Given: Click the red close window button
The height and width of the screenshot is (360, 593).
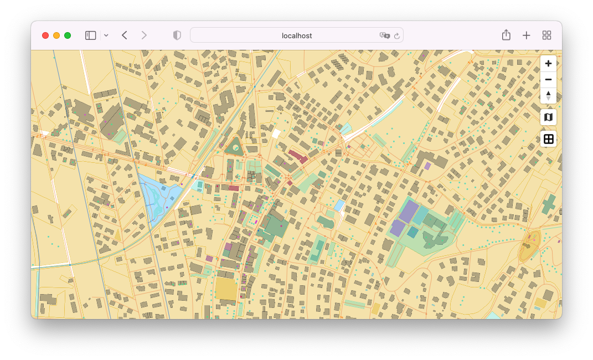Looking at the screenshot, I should click(45, 35).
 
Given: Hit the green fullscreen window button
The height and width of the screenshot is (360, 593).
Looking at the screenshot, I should click(68, 35).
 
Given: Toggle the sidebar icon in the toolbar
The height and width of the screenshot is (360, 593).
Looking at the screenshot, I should click(90, 35).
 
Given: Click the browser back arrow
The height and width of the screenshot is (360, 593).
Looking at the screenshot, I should click(125, 35).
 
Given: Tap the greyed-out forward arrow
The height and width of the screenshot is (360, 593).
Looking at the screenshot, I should click(144, 35).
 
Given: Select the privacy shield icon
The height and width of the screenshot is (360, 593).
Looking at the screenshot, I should click(177, 35).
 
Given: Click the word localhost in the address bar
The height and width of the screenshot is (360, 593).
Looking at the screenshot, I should click(297, 35).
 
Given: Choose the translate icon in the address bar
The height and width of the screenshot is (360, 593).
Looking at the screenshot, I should click(384, 35).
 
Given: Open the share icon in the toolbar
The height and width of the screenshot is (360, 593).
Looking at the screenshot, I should click(506, 35).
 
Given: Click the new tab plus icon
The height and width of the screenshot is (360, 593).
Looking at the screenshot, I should click(526, 35).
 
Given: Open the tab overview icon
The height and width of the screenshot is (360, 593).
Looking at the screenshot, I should click(546, 35).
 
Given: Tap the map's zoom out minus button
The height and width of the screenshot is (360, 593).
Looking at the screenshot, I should click(548, 80).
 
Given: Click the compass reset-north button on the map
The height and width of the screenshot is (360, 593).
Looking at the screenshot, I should click(548, 95).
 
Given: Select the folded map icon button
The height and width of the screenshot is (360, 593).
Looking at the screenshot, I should click(548, 117).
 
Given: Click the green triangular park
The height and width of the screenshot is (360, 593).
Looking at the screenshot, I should click(234, 147).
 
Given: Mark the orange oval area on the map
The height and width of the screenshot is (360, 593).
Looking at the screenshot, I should click(529, 246).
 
